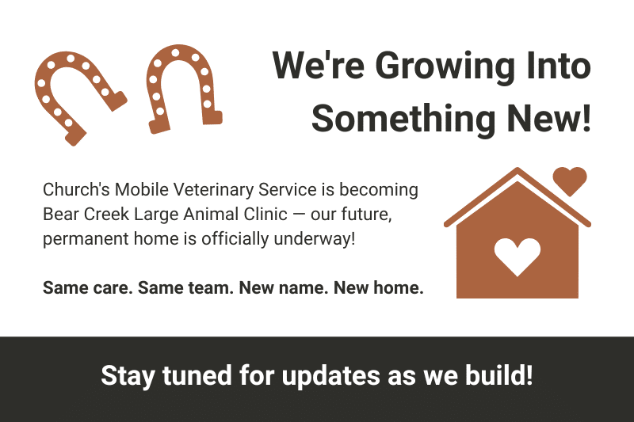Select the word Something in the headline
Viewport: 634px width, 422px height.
[x=403, y=119]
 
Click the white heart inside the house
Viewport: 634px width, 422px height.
[x=518, y=257]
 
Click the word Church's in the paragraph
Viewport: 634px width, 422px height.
[x=76, y=189]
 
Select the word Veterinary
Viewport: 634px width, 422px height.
[x=212, y=190]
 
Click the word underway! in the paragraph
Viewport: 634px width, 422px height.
[x=315, y=239]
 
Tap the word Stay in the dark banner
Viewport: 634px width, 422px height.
[x=128, y=376]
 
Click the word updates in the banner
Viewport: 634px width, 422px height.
[x=331, y=376]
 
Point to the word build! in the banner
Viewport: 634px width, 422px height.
[x=499, y=374]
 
